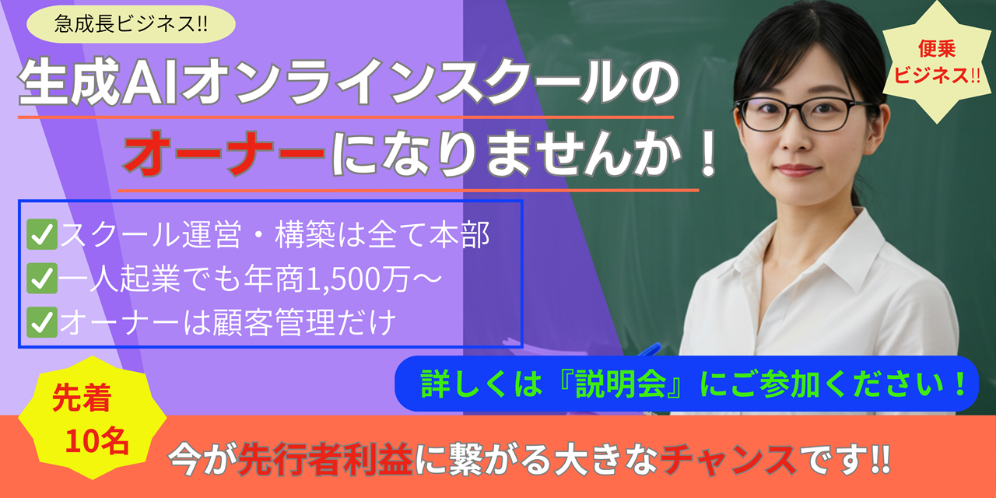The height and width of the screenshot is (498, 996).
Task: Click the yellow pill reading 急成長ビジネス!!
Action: click(x=131, y=24)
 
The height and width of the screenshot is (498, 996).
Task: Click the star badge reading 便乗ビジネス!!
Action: click(x=936, y=62)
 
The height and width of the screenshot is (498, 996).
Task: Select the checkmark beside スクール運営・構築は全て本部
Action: click(x=42, y=234)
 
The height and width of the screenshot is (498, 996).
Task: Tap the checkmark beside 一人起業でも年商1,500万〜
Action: click(x=42, y=279)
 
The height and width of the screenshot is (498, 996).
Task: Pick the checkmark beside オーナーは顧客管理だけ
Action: click(x=42, y=322)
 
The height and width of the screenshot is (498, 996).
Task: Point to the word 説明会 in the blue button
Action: click(x=620, y=384)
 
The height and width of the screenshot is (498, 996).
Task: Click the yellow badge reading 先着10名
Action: click(x=92, y=418)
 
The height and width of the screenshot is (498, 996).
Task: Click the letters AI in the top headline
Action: click(x=149, y=83)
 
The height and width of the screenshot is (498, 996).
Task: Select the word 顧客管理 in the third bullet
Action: click(x=273, y=322)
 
